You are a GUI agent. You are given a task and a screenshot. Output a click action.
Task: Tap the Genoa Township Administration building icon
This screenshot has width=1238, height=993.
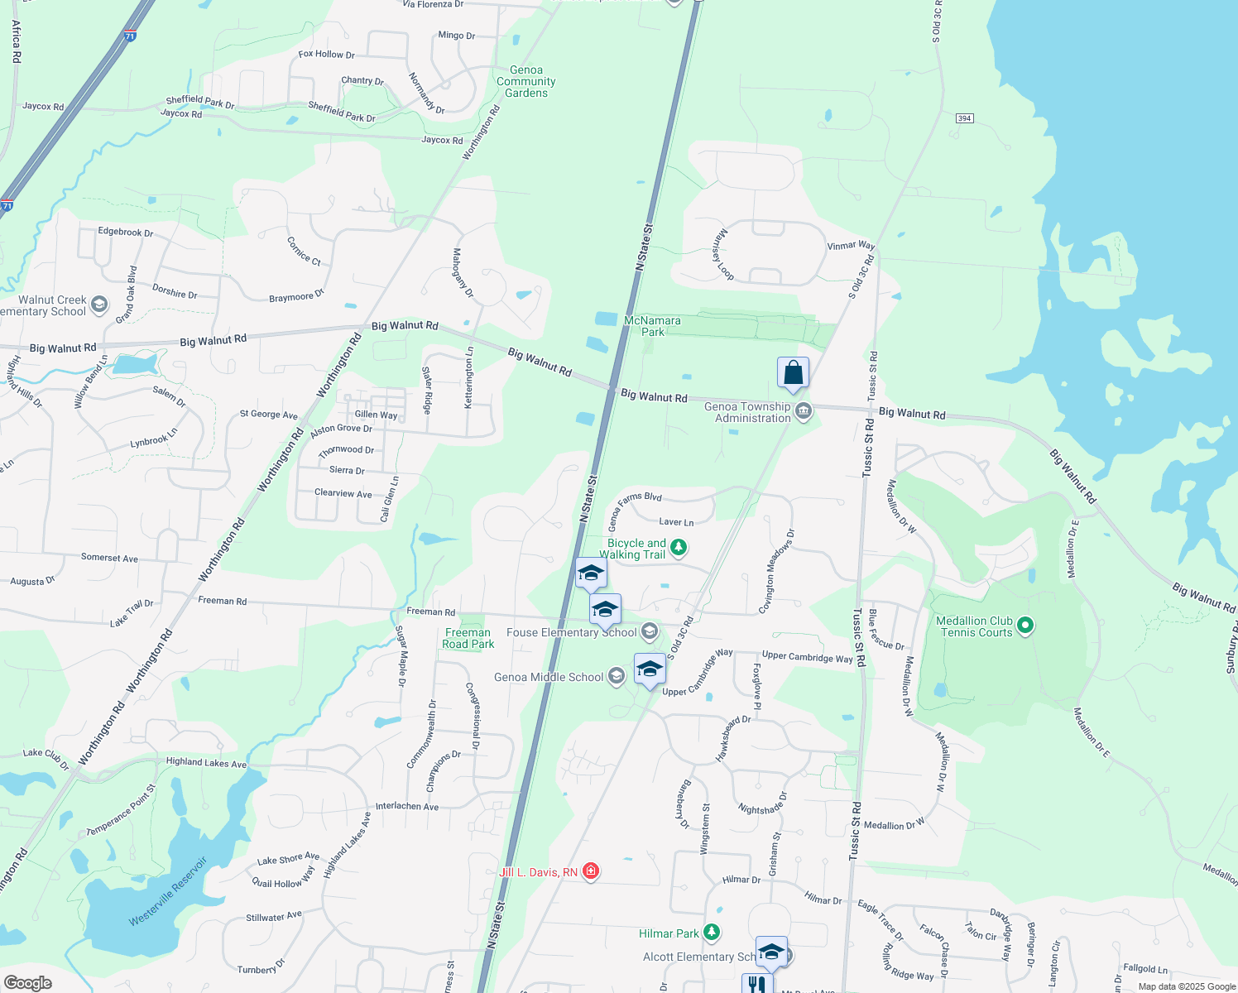(x=803, y=410)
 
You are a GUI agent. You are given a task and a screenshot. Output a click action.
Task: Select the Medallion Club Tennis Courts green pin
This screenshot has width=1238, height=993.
(x=1025, y=625)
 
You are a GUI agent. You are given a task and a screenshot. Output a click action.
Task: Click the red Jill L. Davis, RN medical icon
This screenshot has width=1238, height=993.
(x=591, y=871)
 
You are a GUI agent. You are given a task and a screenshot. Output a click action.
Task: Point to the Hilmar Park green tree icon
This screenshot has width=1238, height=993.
(x=712, y=933)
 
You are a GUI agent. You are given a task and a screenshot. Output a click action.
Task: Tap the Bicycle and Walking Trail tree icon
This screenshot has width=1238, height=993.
(x=679, y=546)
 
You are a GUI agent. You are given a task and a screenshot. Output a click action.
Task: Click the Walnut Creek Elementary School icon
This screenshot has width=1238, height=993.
(x=99, y=305)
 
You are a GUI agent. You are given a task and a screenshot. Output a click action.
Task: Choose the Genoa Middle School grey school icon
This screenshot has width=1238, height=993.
(x=616, y=676)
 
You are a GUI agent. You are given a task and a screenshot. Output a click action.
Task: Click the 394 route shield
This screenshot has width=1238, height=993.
(x=964, y=118)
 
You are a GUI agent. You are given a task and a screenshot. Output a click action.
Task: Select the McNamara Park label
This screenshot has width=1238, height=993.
(x=653, y=326)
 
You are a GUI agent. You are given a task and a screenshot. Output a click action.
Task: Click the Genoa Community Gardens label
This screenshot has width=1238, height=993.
(x=526, y=82)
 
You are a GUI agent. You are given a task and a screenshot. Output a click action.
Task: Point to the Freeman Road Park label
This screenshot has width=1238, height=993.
(x=468, y=638)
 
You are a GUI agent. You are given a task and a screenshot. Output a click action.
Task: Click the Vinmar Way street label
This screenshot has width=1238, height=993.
(x=851, y=246)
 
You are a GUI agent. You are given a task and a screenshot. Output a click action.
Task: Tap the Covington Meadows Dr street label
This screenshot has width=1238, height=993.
(x=778, y=572)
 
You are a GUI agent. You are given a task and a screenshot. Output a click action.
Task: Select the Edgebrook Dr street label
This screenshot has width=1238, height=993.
(x=126, y=232)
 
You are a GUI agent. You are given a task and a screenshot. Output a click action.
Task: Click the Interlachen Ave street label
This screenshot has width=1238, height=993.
(x=407, y=806)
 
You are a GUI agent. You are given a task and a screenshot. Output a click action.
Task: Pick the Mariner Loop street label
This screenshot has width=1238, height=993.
(x=722, y=254)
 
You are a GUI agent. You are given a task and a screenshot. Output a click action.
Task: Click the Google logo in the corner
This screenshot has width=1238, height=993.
(x=28, y=982)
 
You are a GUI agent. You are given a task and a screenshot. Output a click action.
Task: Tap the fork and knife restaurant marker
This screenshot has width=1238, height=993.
(x=757, y=984)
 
